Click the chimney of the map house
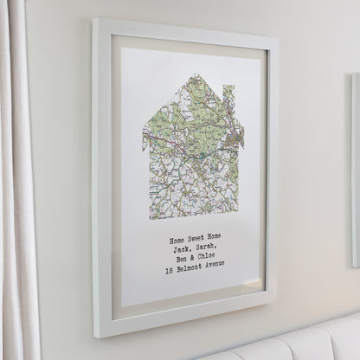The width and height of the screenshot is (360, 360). (x=228, y=95)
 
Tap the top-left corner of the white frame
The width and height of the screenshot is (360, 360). (x=95, y=21)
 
